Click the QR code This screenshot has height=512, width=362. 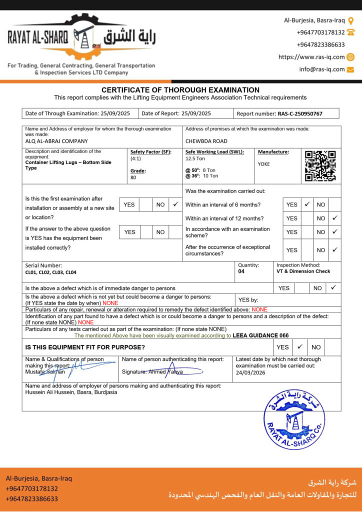(x=320, y=165)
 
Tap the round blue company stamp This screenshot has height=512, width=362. (x=294, y=419)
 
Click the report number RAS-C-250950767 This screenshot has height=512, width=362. (x=300, y=113)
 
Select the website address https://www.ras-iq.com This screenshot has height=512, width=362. (x=311, y=57)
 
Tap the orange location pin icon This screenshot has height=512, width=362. (x=350, y=20)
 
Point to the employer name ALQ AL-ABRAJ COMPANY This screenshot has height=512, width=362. (x=56, y=141)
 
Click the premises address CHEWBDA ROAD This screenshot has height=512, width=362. (x=206, y=141)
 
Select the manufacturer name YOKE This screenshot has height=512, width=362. (x=263, y=163)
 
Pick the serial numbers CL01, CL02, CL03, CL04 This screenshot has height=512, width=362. (x=51, y=272)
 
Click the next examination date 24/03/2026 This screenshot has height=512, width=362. (x=250, y=372)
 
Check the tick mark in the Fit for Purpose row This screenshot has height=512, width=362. (x=300, y=346)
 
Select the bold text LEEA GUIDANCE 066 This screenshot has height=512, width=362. (x=260, y=335)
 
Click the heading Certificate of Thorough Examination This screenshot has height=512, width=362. (x=180, y=90)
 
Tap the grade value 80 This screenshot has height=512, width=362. (x=133, y=177)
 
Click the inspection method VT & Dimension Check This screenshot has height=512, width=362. (x=303, y=271)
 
